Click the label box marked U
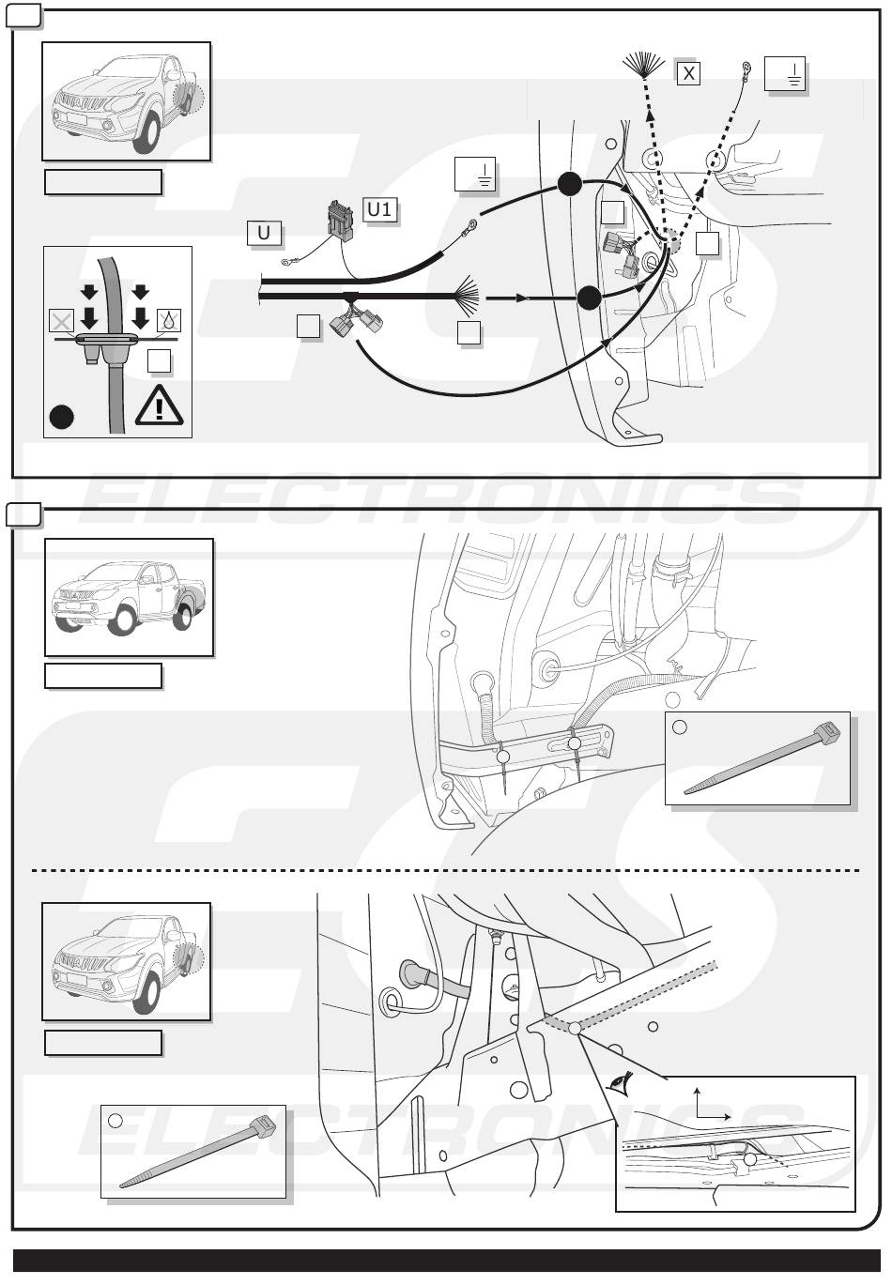tap(264, 232)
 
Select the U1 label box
tap(378, 209)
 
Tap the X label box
tap(688, 71)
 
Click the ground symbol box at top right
tap(785, 73)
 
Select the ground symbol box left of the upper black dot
tap(474, 174)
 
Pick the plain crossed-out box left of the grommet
tap(61, 322)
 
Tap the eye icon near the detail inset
tap(617, 1082)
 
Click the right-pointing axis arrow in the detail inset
tap(727, 1117)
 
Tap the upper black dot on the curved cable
tap(569, 185)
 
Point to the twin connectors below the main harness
tap(357, 322)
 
